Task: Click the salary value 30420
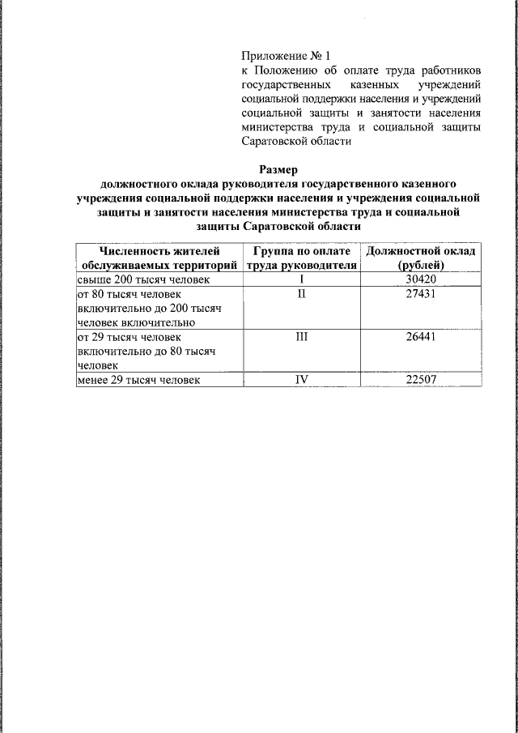tap(421, 279)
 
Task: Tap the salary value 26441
tap(421, 336)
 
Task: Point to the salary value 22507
tap(421, 379)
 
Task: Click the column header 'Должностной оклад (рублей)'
tap(421, 258)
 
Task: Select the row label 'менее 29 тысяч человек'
tap(138, 379)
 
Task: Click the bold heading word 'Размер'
tap(279, 170)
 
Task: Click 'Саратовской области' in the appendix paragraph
tap(296, 142)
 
